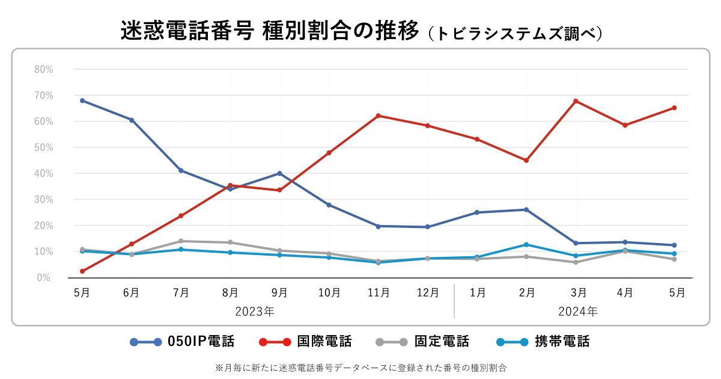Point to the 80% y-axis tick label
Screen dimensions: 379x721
[x=43, y=69]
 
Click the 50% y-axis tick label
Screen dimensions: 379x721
[x=43, y=147]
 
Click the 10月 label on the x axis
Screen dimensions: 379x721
[x=329, y=293]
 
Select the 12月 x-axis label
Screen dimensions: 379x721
[x=427, y=293]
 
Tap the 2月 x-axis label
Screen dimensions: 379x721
[x=527, y=293]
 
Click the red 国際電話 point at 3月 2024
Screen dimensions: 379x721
[x=576, y=101]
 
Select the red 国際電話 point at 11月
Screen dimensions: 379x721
[x=378, y=116]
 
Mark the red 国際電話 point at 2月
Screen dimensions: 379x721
[x=526, y=161]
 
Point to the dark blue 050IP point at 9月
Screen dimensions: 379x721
[x=279, y=173]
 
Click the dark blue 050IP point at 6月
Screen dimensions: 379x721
[x=132, y=120]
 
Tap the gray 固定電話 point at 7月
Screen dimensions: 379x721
[x=181, y=241]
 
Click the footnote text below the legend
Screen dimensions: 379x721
[x=360, y=366]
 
